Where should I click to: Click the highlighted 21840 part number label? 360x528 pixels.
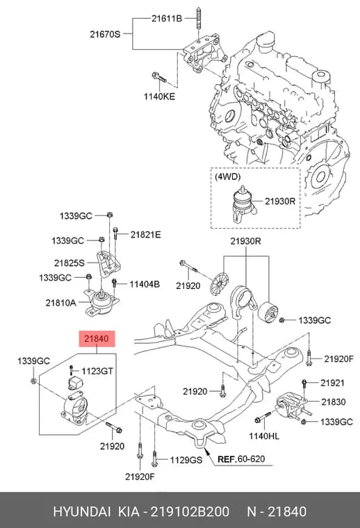pos(97,338)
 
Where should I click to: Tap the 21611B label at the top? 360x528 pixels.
pos(166,19)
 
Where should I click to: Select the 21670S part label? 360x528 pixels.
pos(105,34)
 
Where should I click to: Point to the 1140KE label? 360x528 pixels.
pos(159,97)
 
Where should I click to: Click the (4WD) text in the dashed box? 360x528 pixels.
pos(227,176)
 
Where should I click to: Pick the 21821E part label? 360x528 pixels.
pos(145,235)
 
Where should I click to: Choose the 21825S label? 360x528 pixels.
pos(69,263)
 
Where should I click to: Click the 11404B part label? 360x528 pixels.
pos(145,285)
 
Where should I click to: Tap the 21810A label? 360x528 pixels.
pos(60,303)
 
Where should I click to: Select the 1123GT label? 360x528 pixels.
pos(97,371)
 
